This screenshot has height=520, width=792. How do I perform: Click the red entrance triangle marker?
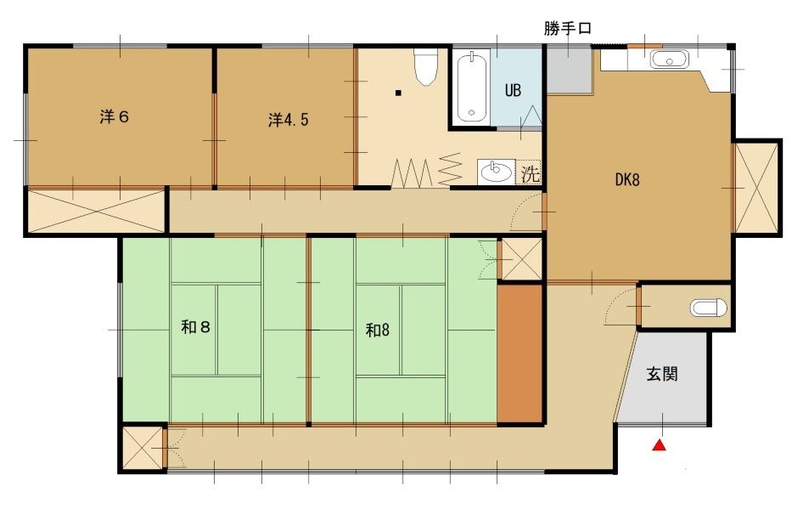[x=660, y=445]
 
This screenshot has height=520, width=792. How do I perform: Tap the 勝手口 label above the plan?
[x=567, y=28]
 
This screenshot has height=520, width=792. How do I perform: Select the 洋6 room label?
[x=115, y=116]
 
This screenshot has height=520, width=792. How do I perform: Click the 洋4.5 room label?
[x=288, y=120]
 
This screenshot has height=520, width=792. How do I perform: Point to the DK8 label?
[x=627, y=179]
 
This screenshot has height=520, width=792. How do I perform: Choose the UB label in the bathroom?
[x=513, y=90]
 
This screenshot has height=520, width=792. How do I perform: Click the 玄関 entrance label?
[x=662, y=374]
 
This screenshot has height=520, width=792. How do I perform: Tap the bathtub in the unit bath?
[x=472, y=87]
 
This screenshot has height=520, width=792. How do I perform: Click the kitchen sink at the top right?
[x=669, y=59]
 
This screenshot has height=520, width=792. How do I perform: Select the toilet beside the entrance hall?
[x=708, y=308]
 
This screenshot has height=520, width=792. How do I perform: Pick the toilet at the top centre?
[x=425, y=66]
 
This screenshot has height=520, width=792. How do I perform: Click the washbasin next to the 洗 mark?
[x=496, y=172]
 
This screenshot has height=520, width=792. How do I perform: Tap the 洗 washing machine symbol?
[x=530, y=174]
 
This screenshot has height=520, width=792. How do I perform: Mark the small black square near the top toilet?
[x=398, y=93]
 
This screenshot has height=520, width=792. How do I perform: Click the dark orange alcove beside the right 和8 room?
[x=520, y=353]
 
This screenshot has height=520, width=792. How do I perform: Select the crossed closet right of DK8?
[x=756, y=188]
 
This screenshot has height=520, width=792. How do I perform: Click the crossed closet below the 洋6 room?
[x=96, y=212]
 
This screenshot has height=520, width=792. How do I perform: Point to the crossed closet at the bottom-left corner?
[x=143, y=449]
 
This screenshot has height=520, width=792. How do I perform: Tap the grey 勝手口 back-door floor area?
[x=570, y=70]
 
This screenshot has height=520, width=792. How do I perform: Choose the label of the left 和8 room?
[x=195, y=327]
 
